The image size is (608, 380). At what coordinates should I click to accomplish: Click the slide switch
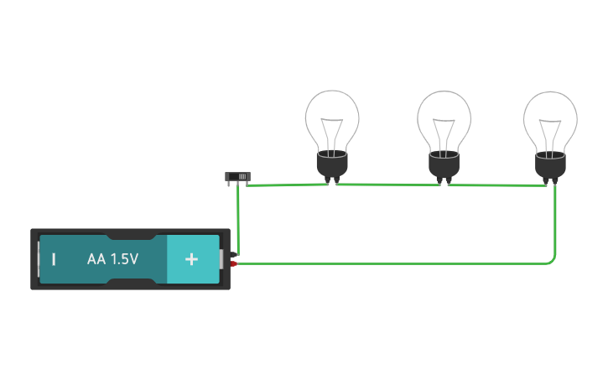click(237, 177)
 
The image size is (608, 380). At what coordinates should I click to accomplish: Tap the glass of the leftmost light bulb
click(332, 112)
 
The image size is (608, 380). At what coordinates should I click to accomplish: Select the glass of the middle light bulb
click(444, 113)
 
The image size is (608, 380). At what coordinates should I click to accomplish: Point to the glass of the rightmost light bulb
click(550, 114)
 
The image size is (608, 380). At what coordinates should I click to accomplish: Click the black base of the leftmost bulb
click(332, 164)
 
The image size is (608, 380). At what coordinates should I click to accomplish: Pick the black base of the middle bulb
click(444, 165)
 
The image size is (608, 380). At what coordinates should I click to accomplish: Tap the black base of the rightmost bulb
click(550, 166)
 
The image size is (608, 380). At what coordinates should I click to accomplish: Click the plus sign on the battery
click(191, 259)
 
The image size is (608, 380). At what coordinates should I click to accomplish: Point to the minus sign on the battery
click(54, 259)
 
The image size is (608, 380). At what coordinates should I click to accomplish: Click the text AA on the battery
click(96, 259)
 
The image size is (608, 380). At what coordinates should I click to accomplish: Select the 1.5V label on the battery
click(124, 259)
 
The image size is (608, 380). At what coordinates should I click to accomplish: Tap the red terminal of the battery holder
click(233, 263)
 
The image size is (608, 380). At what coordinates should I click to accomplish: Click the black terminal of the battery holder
click(233, 255)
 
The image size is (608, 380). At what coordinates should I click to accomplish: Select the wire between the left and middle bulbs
click(388, 185)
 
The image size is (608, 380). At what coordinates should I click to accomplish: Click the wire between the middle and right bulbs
click(497, 185)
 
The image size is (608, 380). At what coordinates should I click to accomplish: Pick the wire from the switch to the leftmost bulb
click(288, 185)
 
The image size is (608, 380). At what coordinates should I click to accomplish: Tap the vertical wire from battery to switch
click(238, 220)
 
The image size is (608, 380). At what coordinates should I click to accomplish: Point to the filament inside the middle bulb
click(444, 133)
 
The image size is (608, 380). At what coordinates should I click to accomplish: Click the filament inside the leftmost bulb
click(332, 133)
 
